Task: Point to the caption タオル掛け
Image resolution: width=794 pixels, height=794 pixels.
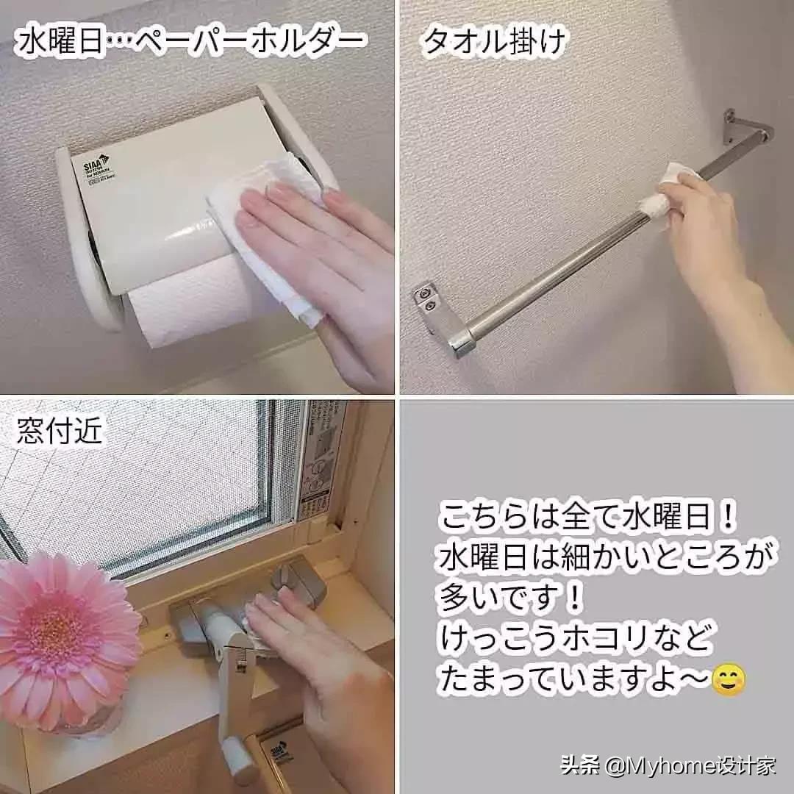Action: click(495, 42)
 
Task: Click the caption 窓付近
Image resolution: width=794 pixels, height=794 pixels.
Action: click(60, 433)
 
